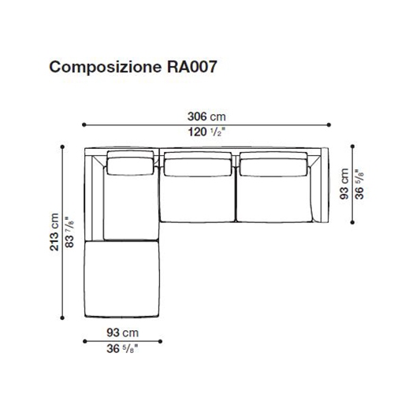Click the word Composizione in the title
tap(105, 68)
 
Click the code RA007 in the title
tap(192, 66)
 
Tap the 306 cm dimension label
tap(206, 117)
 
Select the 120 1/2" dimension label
tap(206, 132)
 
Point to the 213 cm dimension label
tap(54, 232)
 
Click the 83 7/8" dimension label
tap(70, 232)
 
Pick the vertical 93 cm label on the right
tap(344, 184)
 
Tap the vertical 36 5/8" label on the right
tap(359, 184)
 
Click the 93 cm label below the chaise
tap(123, 333)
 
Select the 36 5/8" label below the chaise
tap(122, 349)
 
